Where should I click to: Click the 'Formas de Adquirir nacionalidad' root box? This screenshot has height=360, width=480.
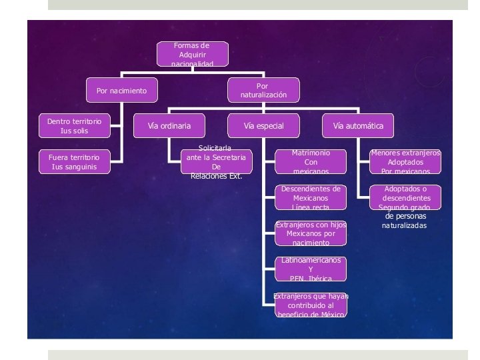(x=193, y=55)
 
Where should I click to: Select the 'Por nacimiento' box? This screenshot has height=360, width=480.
(x=121, y=91)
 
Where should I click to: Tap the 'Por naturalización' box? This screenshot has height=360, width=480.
(x=263, y=91)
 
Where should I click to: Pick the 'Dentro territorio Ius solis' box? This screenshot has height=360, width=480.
(x=74, y=125)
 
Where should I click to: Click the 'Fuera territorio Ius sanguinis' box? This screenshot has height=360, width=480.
(x=74, y=161)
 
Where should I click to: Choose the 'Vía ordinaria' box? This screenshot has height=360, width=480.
(x=169, y=125)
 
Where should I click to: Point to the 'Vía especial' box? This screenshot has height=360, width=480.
(x=263, y=125)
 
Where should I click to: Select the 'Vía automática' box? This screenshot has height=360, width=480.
(x=358, y=125)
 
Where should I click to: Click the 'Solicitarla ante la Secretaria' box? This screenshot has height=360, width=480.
(x=216, y=161)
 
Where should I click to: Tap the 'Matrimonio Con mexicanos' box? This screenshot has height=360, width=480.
(x=311, y=161)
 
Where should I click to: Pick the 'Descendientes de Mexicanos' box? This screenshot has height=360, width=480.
(x=311, y=197)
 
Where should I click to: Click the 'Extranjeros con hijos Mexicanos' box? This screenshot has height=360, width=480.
(x=311, y=233)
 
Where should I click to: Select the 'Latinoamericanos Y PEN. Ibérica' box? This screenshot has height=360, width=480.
(x=311, y=269)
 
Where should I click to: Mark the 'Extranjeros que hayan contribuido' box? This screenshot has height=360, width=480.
(x=311, y=305)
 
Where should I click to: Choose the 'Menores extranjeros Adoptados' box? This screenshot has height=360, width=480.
(x=405, y=161)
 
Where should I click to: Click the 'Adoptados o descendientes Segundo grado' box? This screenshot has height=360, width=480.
(x=405, y=197)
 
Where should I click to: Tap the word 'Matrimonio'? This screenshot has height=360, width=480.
(x=311, y=153)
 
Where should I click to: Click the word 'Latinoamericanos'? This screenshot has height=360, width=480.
(x=311, y=260)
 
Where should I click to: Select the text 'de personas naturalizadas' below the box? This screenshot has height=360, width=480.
(x=405, y=221)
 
